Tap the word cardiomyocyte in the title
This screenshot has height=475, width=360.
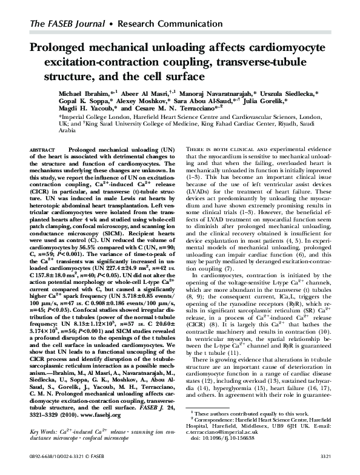(282, 49)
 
